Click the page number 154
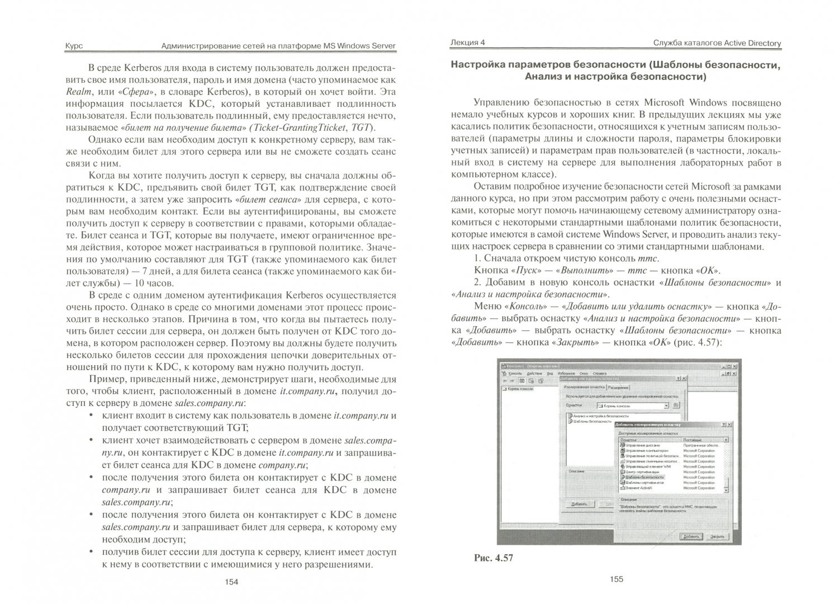(231, 582)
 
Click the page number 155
(616, 580)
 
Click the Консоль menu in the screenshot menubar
(515, 372)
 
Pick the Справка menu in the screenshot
(599, 372)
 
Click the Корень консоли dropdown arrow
(666, 405)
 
